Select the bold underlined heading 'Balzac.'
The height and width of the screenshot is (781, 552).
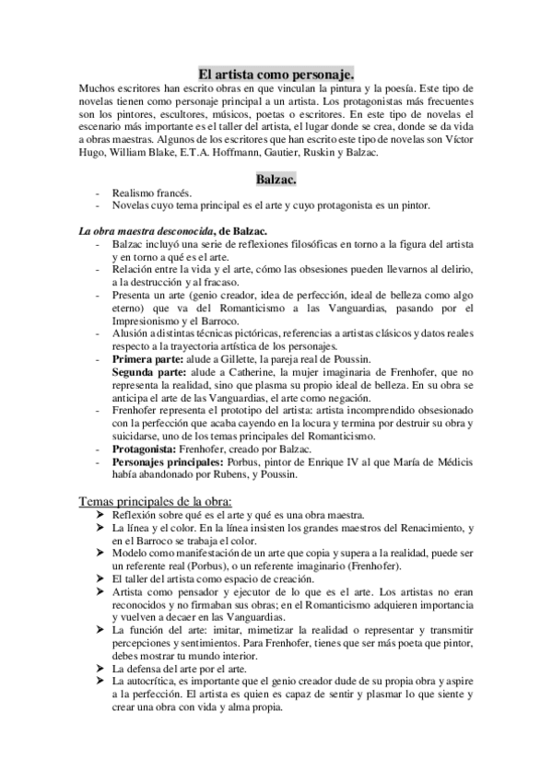coord(276,177)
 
